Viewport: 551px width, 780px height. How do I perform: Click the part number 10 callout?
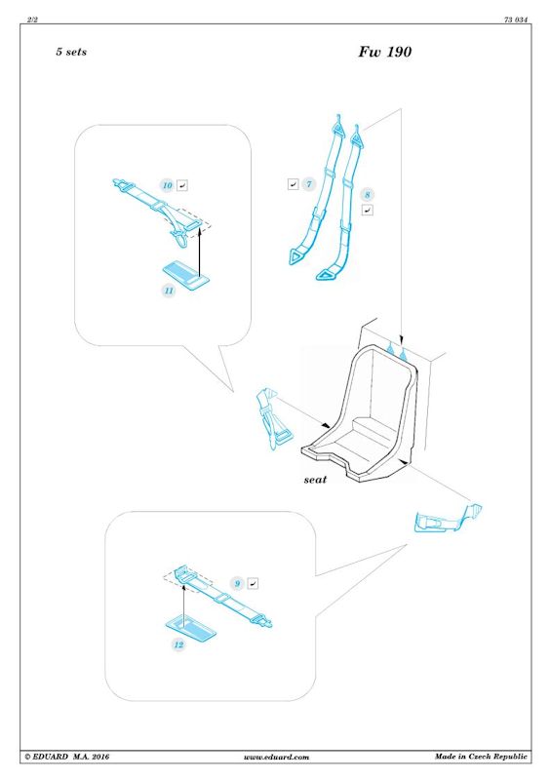pyautogui.click(x=167, y=185)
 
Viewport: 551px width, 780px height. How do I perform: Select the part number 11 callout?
pyautogui.click(x=170, y=291)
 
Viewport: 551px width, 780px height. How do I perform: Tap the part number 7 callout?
pyautogui.click(x=309, y=184)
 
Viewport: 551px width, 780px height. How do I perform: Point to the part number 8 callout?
pyautogui.click(x=368, y=195)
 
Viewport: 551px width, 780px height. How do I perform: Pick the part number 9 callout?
pyautogui.click(x=237, y=583)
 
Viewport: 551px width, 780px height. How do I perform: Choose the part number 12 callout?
pyautogui.click(x=178, y=644)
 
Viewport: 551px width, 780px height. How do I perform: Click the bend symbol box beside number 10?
pyautogui.click(x=182, y=185)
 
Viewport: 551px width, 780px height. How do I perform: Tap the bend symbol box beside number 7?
pyautogui.click(x=294, y=184)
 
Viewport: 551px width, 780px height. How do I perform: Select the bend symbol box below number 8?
pyautogui.click(x=368, y=211)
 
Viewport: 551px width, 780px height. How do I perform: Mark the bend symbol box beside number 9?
pyautogui.click(x=253, y=583)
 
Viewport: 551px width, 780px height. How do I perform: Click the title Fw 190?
pyautogui.click(x=385, y=52)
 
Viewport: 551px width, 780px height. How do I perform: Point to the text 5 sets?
pyautogui.click(x=71, y=52)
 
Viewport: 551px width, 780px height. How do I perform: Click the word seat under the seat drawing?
pyautogui.click(x=315, y=480)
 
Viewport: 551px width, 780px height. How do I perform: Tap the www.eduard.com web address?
pyautogui.click(x=276, y=758)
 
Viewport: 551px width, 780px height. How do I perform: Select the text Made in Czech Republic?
pyautogui.click(x=481, y=757)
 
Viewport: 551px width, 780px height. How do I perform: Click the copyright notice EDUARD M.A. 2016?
pyautogui.click(x=66, y=757)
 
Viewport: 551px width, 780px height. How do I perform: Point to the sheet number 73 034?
pyautogui.click(x=516, y=19)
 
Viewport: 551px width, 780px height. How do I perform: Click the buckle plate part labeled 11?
pyautogui.click(x=186, y=273)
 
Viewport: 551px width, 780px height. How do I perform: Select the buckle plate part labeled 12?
pyautogui.click(x=190, y=627)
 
